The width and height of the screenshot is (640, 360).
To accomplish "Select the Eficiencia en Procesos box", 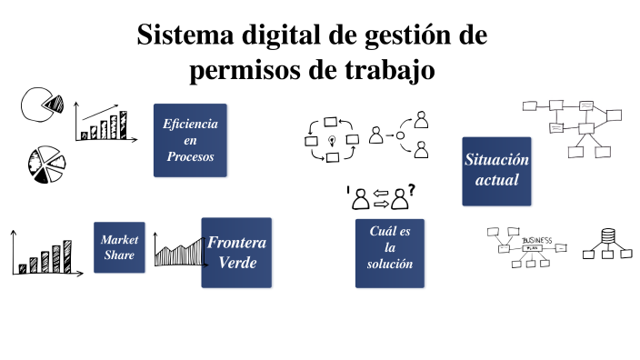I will click(190, 140).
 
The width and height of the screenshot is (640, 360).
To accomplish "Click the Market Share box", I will click(119, 247).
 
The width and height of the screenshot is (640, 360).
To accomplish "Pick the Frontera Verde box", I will click(236, 253).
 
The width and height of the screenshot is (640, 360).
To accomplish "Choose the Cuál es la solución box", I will click(389, 248).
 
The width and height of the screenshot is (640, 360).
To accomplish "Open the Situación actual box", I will click(496, 170).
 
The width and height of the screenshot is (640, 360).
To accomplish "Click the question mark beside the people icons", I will click(412, 190).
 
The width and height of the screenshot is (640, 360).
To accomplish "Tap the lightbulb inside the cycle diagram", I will click(333, 140).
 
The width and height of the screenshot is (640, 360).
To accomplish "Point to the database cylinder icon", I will click(607, 241).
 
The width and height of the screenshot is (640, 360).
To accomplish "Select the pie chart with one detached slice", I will click(39, 105).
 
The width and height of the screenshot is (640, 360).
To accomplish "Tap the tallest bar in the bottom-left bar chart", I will click(66, 256).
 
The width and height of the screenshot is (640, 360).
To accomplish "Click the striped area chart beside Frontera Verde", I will click(179, 250).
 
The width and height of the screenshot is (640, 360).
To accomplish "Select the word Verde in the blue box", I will click(236, 263).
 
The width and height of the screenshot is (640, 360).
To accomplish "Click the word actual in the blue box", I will click(496, 180).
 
